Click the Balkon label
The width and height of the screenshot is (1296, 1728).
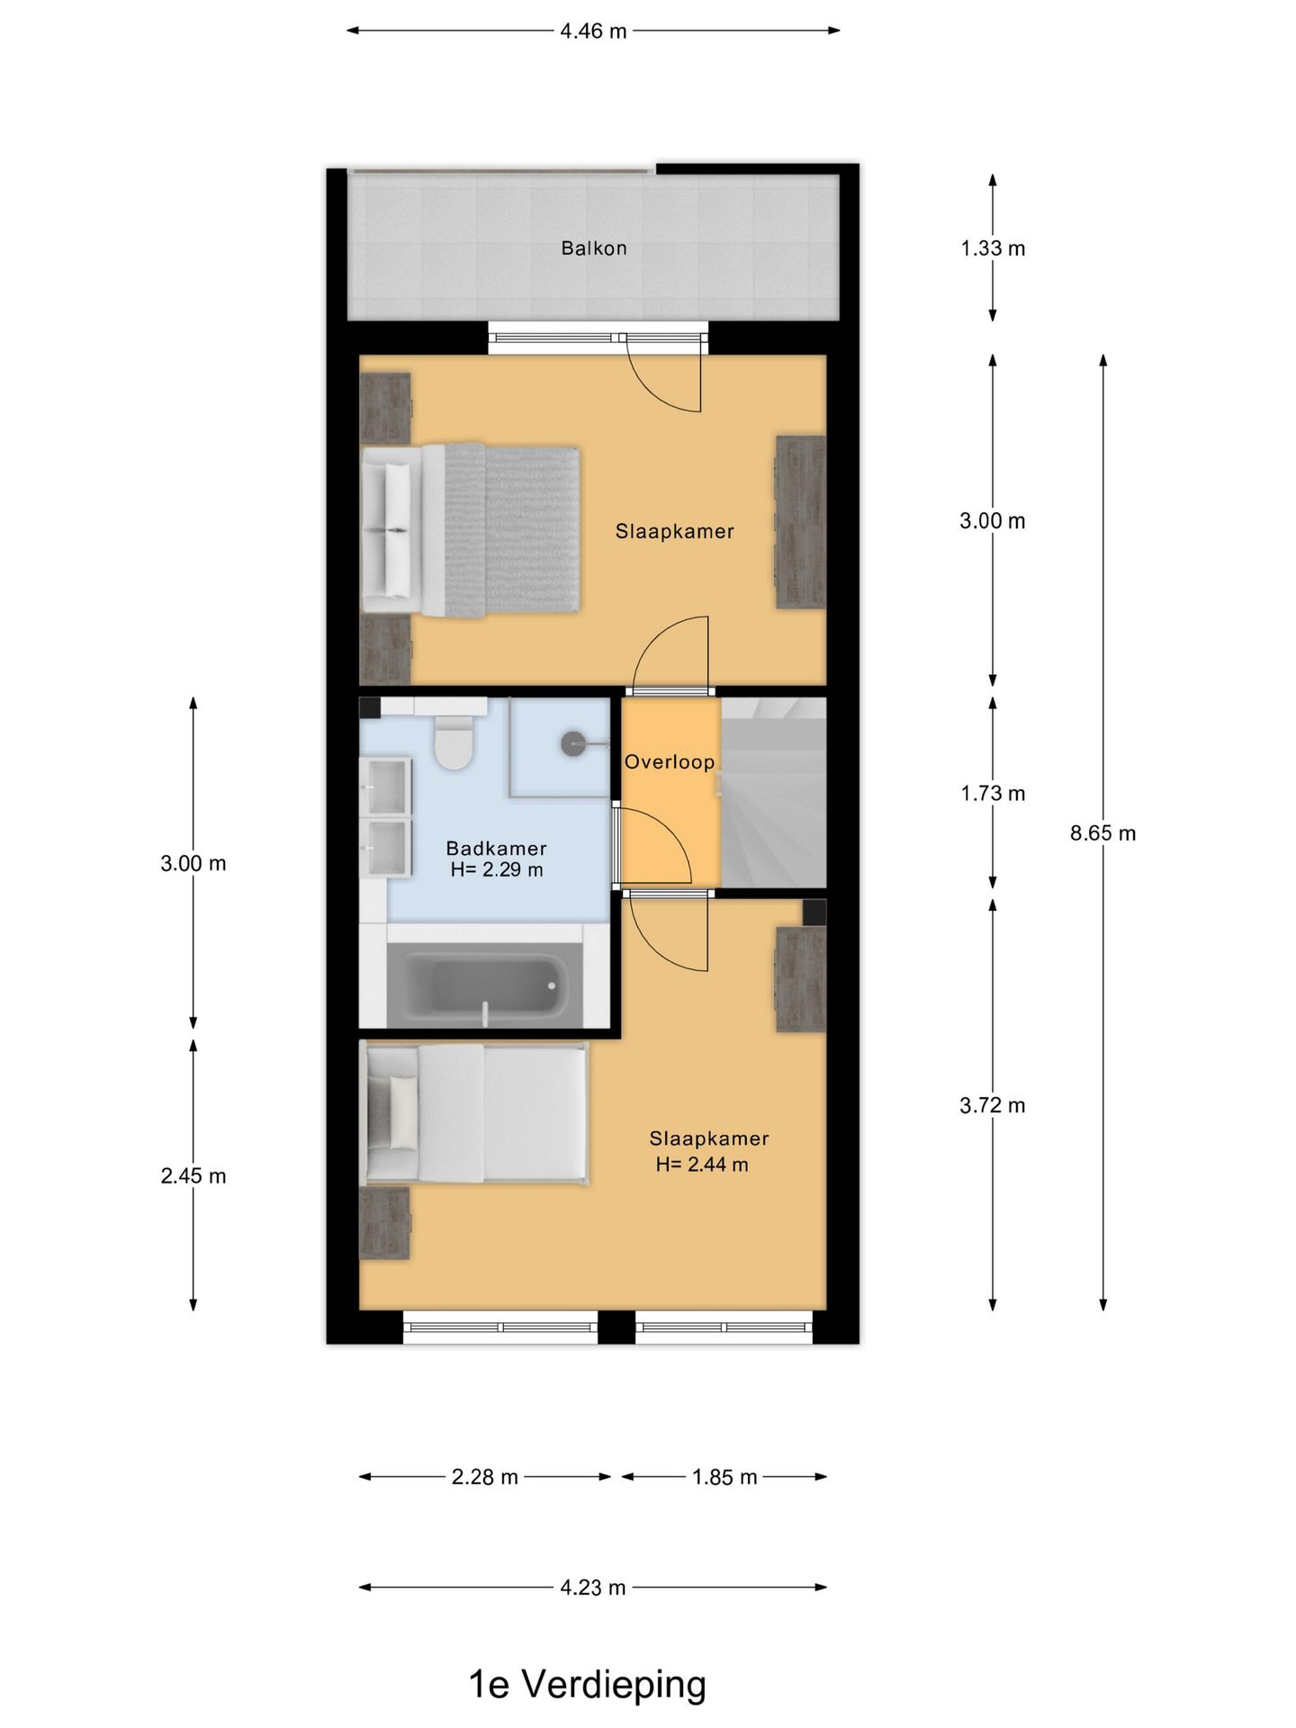click(594, 248)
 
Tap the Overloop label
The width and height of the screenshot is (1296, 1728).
click(670, 762)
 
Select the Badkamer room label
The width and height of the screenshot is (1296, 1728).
click(497, 848)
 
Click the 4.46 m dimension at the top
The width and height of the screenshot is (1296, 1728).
click(593, 31)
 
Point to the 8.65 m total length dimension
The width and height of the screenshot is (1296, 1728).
click(1102, 833)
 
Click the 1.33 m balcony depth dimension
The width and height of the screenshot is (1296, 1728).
click(993, 248)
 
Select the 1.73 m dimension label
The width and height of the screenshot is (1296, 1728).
click(993, 794)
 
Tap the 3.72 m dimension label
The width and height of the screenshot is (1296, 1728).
click(993, 1105)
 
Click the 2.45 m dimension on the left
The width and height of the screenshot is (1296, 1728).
click(193, 1176)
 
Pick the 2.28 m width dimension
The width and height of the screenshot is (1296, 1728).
click(485, 1477)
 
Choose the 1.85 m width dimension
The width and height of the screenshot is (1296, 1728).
click(724, 1477)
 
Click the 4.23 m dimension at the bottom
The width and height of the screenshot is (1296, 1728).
click(593, 1588)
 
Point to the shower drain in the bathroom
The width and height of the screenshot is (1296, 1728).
click(573, 743)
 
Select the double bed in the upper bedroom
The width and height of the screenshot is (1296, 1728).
click(470, 531)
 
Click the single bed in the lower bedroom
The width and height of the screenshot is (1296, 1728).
click(473, 1113)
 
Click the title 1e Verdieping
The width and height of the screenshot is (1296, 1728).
click(588, 1685)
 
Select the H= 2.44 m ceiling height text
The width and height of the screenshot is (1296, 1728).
click(702, 1165)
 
